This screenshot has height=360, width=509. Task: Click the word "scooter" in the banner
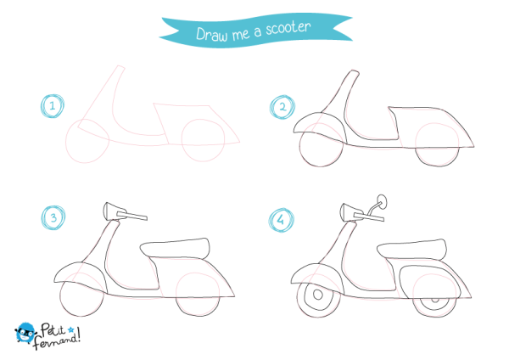coord(288,28)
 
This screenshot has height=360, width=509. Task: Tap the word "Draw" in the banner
coord(211,35)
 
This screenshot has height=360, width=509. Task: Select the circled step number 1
coord(53,106)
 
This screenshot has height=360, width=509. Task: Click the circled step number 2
coord(282,107)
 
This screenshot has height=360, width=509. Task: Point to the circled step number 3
coord(53,217)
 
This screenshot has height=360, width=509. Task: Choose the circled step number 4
coord(281,220)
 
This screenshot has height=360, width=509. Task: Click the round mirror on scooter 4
coord(382,201)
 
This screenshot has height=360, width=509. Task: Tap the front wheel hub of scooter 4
coord(318,295)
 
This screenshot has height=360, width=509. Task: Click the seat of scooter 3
coord(175,249)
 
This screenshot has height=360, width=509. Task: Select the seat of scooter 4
coord(411,250)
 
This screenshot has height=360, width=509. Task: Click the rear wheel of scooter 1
coord(203,140)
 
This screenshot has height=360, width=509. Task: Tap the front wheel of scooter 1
coord(87,141)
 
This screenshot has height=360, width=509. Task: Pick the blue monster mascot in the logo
coord(25,333)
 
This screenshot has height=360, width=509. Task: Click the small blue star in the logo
coord(70,330)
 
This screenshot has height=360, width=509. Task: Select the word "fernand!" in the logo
coord(57,340)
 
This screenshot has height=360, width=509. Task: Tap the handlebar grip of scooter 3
coord(131,216)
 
